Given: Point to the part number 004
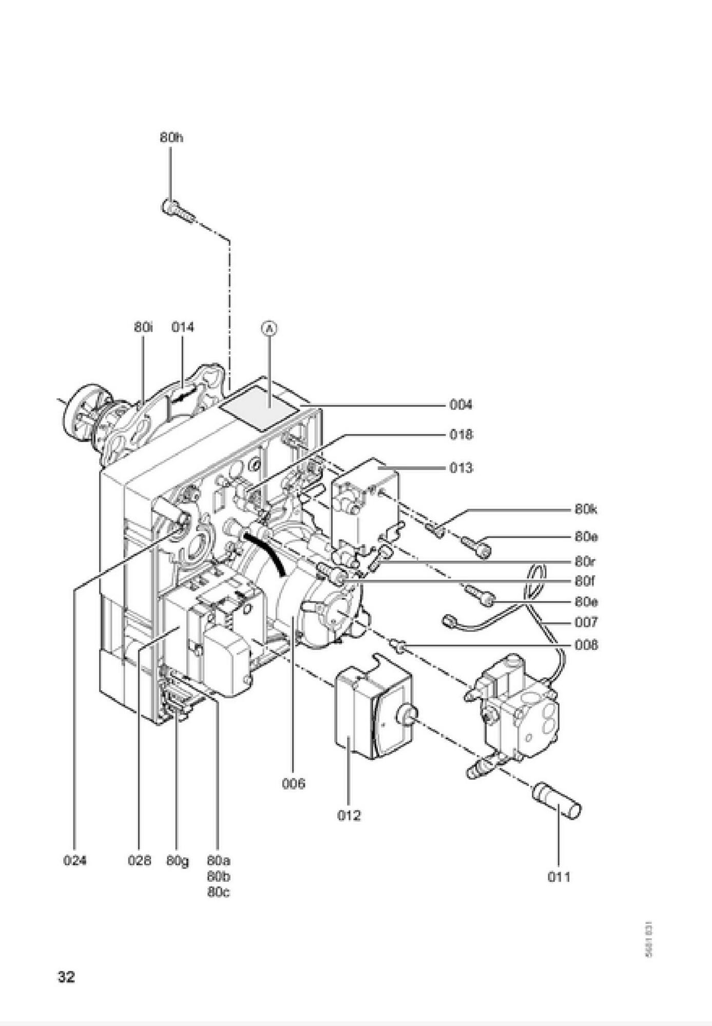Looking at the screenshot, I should [460, 405].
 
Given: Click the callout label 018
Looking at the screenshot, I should [460, 435].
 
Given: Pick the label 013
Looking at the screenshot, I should [460, 468].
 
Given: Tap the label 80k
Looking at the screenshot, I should [586, 509].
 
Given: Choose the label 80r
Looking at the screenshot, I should [585, 562].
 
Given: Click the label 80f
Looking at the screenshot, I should [585, 581].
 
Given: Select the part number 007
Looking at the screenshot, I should [586, 622].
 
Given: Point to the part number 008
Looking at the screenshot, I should [586, 645].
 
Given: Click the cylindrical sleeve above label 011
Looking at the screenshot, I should [557, 800].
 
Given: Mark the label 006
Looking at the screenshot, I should [293, 784].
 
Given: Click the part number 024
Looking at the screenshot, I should [75, 860].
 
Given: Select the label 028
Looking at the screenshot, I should [140, 860].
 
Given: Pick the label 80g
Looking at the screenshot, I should [177, 861].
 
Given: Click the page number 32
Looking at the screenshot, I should [66, 977].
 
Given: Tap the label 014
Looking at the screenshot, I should [183, 327].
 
